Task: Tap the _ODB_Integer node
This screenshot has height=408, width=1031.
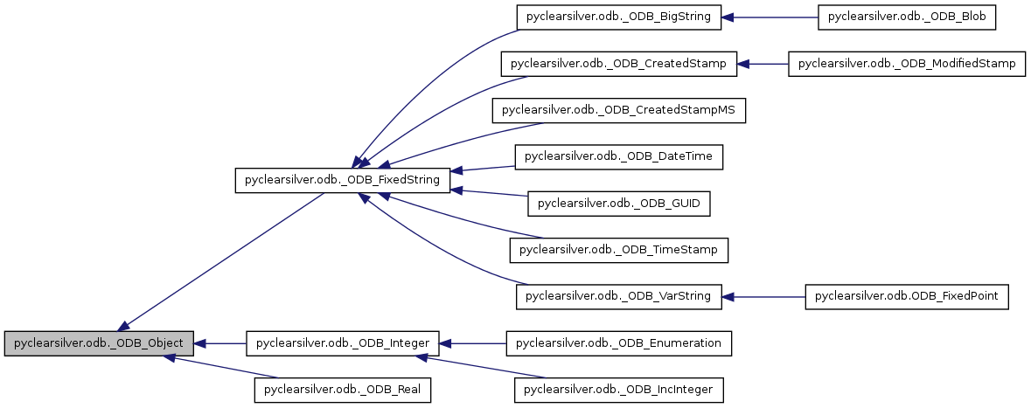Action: (x=342, y=343)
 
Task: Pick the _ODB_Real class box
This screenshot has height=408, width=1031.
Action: (x=343, y=390)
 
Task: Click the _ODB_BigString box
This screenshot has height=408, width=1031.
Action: (x=619, y=17)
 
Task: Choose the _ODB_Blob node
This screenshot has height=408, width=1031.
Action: (x=907, y=17)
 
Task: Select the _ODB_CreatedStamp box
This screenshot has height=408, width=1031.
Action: (x=619, y=63)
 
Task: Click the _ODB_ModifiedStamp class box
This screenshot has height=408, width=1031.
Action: (x=907, y=63)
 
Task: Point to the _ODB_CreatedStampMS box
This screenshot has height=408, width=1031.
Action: (x=619, y=110)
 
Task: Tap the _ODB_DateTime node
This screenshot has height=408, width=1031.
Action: (x=619, y=156)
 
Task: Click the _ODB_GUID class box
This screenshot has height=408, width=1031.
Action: (x=619, y=204)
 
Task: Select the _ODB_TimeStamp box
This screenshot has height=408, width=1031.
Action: (x=619, y=250)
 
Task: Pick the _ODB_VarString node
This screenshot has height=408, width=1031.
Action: (x=619, y=297)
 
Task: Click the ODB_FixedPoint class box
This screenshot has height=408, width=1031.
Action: (x=907, y=297)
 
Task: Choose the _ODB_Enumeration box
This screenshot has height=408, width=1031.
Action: (x=619, y=343)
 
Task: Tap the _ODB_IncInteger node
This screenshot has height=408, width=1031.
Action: (x=619, y=390)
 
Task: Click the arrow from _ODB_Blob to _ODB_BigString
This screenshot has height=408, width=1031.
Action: (x=770, y=17)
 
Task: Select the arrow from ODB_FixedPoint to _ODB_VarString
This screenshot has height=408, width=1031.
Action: (x=763, y=297)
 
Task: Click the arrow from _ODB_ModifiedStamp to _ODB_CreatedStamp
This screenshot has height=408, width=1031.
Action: (x=763, y=63)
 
